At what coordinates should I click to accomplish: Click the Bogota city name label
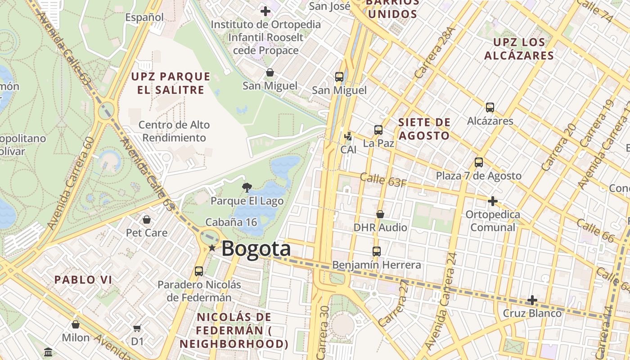256,249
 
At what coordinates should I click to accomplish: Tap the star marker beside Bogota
212,248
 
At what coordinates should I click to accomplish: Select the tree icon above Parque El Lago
247,187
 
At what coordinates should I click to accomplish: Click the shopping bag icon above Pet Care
146,220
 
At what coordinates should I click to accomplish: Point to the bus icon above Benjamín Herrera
377,252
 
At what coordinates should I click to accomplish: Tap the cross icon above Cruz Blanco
532,300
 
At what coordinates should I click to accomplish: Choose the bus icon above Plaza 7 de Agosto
479,162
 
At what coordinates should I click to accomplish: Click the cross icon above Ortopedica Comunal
493,201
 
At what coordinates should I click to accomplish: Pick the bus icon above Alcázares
490,108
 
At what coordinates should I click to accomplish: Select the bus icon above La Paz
378,130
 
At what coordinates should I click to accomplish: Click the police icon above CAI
348,136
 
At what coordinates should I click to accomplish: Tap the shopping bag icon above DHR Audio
380,214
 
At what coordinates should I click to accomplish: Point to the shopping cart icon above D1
137,328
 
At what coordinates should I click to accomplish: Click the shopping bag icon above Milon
76,324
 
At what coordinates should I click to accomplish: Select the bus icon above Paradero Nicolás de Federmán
199,271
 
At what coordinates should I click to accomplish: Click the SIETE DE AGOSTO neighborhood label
424,129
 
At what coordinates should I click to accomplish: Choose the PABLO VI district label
83,279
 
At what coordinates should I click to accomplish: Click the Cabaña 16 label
231,222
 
